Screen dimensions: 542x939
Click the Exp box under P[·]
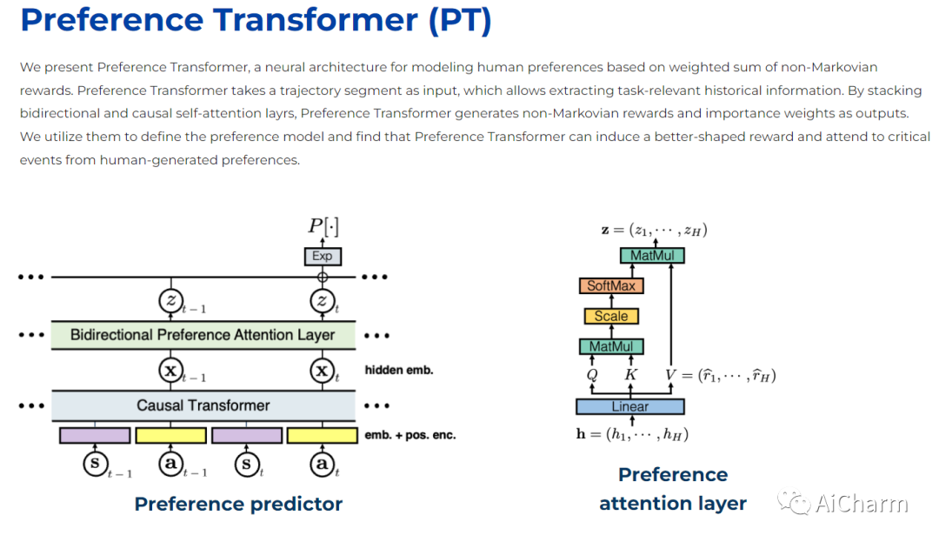point(323,256)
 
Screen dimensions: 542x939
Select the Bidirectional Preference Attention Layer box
point(203,335)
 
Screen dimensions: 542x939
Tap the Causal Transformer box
point(203,405)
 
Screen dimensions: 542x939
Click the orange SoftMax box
point(611,285)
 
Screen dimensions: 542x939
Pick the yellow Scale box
point(611,316)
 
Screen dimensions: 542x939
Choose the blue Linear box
point(629,406)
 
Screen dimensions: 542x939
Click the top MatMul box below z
point(652,256)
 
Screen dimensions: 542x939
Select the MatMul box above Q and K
point(611,346)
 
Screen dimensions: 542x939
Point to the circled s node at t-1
point(95,464)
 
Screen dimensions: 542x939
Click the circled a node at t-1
point(170,464)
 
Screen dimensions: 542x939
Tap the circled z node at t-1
point(170,301)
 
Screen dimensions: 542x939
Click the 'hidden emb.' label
point(399,370)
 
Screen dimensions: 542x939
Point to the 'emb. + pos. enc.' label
point(410,435)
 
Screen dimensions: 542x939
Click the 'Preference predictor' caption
point(238,504)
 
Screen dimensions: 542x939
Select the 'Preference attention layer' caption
point(673,489)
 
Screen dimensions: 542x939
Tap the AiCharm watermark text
point(861,503)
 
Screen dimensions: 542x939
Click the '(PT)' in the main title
point(459,21)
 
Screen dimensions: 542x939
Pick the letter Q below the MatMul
point(592,376)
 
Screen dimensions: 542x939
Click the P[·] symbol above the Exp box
point(323,226)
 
